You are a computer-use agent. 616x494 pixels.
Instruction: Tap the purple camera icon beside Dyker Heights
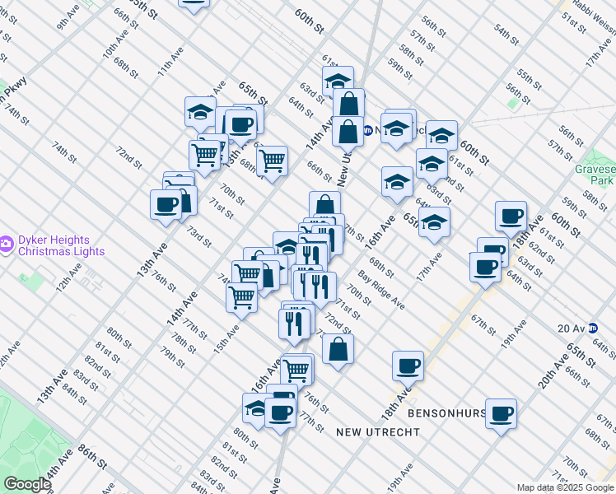coord(6,243)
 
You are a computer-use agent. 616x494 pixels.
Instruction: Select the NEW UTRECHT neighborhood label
coord(378,431)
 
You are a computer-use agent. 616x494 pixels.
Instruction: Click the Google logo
coord(27,484)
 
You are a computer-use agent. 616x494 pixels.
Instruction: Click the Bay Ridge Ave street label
coord(380,290)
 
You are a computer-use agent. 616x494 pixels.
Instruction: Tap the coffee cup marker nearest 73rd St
coord(166,205)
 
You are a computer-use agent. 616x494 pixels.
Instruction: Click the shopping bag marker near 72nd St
coord(338,349)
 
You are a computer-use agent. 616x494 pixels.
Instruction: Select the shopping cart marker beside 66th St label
coord(272,162)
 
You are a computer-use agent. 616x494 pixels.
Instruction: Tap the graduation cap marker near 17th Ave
coord(434,222)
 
